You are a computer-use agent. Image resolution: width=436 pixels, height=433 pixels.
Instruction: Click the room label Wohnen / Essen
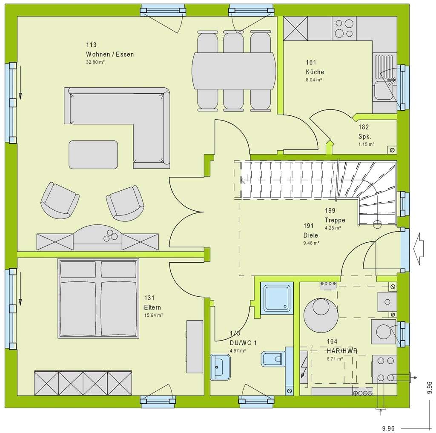(110, 54)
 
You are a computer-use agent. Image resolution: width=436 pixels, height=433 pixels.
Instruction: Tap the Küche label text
(315, 72)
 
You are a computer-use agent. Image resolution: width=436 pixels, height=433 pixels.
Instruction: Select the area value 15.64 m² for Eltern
(153, 315)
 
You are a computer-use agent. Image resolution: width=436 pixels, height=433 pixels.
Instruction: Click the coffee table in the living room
(93, 155)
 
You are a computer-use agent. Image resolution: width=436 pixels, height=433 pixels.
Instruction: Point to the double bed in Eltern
(98, 298)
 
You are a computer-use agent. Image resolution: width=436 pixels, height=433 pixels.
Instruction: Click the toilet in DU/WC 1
(273, 359)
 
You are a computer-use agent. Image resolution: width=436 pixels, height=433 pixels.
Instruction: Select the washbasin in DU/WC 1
(220, 367)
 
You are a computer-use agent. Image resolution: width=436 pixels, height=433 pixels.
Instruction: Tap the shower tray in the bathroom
(277, 298)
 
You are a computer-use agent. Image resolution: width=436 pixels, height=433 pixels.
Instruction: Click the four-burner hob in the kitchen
(344, 28)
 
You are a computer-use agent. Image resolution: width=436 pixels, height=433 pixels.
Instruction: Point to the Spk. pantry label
(364, 137)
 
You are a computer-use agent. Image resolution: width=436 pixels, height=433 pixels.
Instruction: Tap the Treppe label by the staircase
(335, 220)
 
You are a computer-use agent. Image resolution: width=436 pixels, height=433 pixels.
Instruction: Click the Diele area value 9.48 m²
(311, 243)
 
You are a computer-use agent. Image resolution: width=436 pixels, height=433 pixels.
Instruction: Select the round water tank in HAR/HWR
(321, 315)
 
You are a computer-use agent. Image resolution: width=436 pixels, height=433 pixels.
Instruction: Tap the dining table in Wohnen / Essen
(234, 71)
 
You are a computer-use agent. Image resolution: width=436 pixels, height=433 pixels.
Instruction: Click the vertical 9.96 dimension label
(429, 388)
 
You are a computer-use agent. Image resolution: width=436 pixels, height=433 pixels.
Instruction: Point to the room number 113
(91, 45)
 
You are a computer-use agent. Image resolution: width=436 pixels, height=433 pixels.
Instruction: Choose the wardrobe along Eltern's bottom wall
(83, 383)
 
